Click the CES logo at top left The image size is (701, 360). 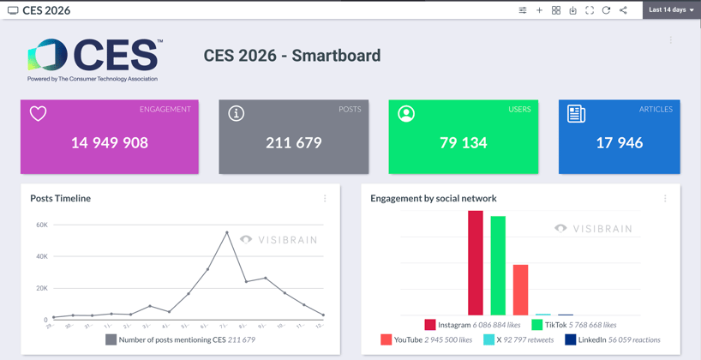(x=94, y=57)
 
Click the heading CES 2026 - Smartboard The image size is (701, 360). (x=291, y=56)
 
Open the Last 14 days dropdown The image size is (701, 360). (x=671, y=10)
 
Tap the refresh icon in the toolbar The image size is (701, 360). (x=606, y=10)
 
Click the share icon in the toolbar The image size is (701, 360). (x=623, y=10)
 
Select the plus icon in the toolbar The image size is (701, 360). (x=539, y=10)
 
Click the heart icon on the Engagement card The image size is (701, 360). (x=39, y=113)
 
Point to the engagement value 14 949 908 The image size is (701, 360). (x=110, y=143)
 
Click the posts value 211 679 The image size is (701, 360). (x=293, y=143)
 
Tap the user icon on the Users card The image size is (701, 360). (x=406, y=113)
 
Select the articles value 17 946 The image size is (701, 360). (x=619, y=143)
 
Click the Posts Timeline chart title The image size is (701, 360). (x=60, y=198)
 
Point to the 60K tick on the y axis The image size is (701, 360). (x=42, y=225)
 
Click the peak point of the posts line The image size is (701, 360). (x=227, y=232)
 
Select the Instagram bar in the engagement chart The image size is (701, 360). (x=476, y=263)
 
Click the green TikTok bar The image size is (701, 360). (x=498, y=266)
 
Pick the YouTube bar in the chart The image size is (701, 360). (x=520, y=290)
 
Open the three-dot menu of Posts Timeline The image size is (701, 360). (x=325, y=198)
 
